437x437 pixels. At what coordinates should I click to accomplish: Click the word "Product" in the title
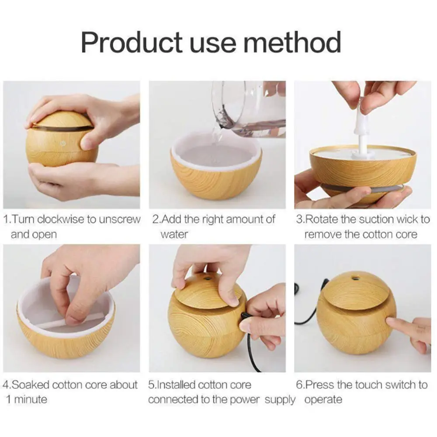click(x=132, y=42)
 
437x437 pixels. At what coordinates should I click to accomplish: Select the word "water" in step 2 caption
click(x=174, y=234)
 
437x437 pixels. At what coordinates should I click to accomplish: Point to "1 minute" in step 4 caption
click(x=26, y=399)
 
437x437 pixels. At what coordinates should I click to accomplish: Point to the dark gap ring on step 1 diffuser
click(x=61, y=128)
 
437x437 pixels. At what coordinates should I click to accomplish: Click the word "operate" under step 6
click(x=323, y=399)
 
